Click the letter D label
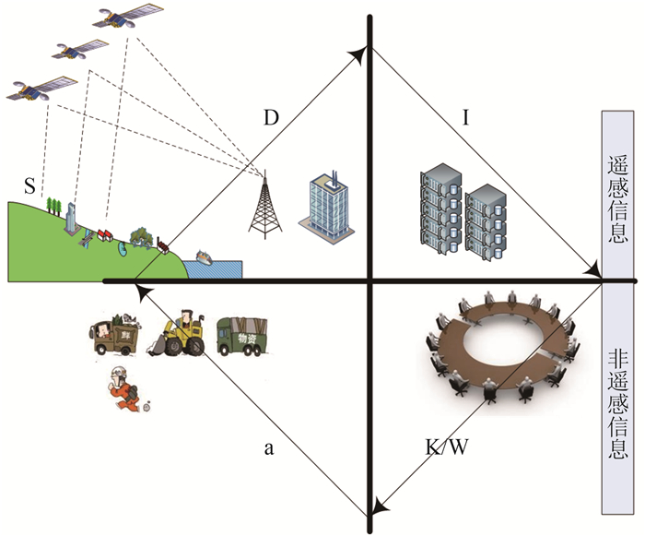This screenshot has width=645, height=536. point(271,118)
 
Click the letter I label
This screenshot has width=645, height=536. point(466,117)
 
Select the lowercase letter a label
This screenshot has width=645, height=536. point(269,449)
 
